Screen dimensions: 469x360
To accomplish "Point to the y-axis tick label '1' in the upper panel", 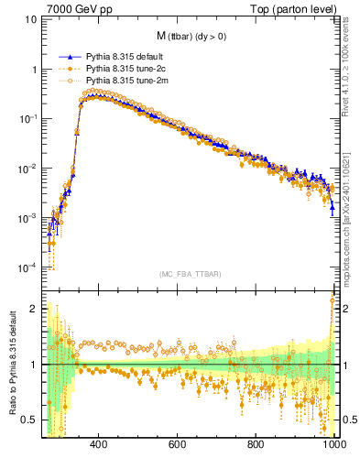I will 33,69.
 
